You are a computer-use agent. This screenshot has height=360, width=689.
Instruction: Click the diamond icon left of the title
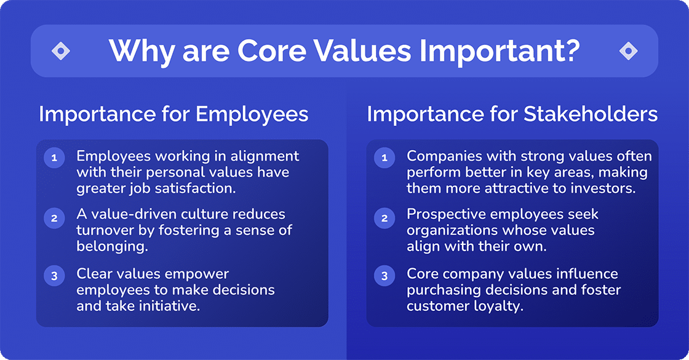61,51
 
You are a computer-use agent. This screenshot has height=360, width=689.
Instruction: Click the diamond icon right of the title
628,51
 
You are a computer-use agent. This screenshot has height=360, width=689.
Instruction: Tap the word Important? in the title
500,52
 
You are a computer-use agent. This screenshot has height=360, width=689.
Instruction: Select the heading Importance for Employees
173,114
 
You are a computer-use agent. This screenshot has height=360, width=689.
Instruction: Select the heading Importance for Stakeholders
512,114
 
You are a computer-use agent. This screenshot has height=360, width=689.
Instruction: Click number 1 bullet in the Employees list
54,158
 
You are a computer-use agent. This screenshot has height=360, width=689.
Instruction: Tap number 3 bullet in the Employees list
54,276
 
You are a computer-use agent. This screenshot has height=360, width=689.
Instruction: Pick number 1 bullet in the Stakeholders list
385,158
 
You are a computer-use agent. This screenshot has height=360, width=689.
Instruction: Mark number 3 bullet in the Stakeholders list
385,276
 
